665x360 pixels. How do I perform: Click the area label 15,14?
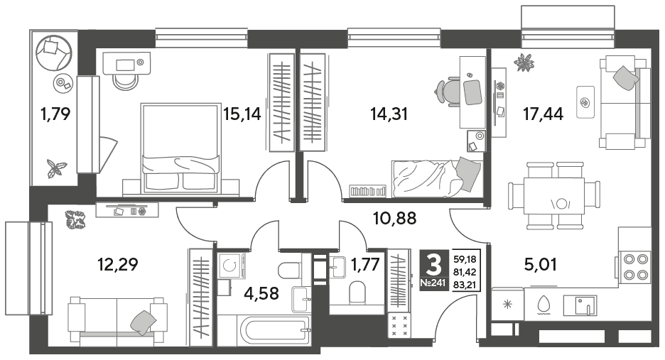point(242,114)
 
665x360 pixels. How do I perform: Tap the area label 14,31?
point(389,114)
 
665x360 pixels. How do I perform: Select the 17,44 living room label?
point(544,114)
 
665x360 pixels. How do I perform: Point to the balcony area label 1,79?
point(55,114)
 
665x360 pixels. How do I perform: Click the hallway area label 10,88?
point(394,219)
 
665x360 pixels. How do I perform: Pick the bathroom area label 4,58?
point(261,293)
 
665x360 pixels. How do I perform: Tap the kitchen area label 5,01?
point(540,264)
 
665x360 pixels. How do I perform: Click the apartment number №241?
point(433,283)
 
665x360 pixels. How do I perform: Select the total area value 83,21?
point(465,285)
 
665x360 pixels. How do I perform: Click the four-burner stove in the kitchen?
point(634,267)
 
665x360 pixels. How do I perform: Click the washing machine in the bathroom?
point(232,266)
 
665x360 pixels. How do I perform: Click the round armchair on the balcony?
point(53,53)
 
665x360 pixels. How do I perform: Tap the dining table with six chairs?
point(553,195)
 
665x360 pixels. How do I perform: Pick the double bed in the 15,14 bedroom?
point(181,148)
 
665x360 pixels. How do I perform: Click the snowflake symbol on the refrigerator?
point(507,305)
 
